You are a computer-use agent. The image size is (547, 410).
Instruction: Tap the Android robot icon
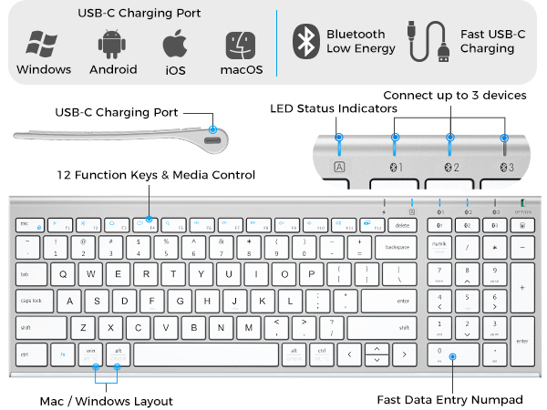[x=112, y=44]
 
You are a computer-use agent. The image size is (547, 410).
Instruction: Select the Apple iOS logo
[x=176, y=44]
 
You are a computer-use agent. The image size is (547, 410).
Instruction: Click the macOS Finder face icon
[x=241, y=44]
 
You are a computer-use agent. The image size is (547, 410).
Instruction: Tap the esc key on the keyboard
[x=26, y=223]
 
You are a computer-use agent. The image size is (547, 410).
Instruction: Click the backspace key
[x=397, y=248]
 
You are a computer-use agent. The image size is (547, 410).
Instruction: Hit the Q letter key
[x=63, y=273]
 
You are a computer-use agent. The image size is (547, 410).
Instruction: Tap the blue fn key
[x=63, y=354]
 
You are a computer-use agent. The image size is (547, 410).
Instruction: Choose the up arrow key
[x=376, y=347]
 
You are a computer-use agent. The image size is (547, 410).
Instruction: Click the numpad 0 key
[x=452, y=354]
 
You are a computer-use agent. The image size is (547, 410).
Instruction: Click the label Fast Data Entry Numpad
[x=450, y=399]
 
